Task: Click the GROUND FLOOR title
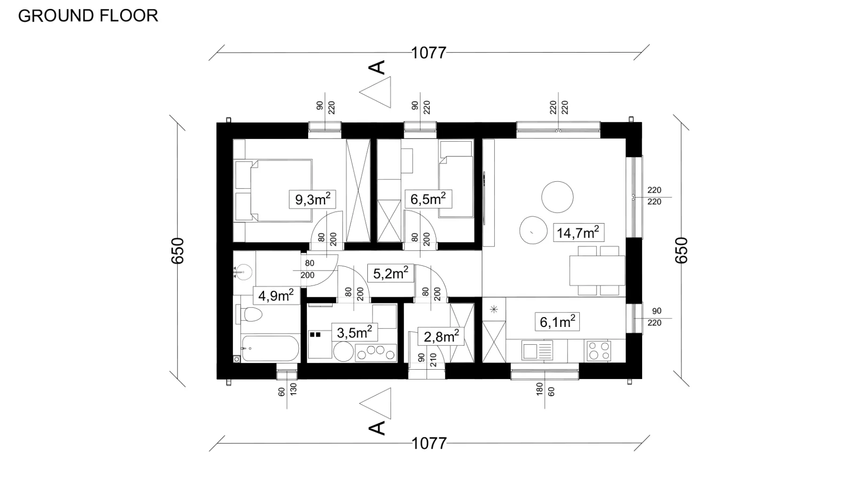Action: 88,16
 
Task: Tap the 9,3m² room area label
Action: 312,199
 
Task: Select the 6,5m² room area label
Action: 428,199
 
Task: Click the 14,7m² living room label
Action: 578,233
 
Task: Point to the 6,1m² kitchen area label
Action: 557,322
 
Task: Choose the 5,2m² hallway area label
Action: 390,273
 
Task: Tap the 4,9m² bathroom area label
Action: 276,295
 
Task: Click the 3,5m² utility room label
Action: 354,333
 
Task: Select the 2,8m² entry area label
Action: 441,336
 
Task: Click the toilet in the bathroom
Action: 250,314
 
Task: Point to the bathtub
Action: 270,348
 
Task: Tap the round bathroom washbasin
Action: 244,272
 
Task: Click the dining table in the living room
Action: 597,271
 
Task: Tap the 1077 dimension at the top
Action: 428,53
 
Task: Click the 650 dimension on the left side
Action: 178,250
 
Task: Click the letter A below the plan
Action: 377,428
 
